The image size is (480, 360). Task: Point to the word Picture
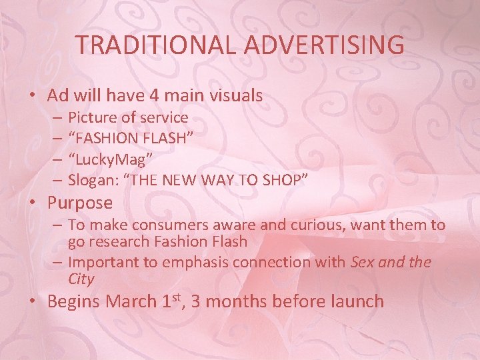(x=91, y=118)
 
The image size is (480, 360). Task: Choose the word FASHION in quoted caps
(x=104, y=139)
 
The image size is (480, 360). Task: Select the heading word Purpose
(x=80, y=203)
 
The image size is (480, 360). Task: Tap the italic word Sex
(x=363, y=263)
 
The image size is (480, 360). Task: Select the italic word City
(x=81, y=279)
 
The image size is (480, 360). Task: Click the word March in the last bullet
(x=133, y=301)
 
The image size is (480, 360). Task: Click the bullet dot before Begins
(x=33, y=301)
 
